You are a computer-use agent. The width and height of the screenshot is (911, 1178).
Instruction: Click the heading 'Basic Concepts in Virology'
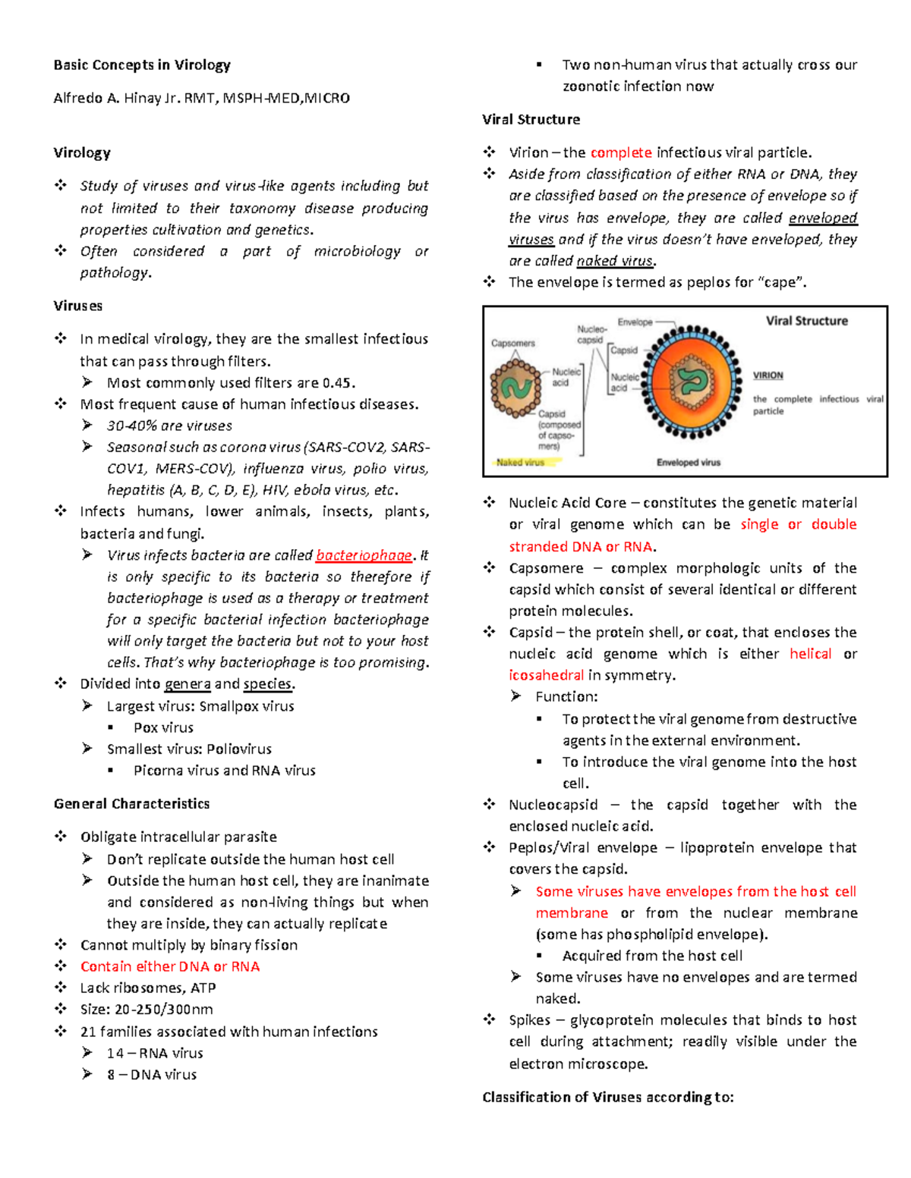tap(142, 65)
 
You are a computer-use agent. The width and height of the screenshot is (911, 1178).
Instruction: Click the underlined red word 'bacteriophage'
tap(364, 555)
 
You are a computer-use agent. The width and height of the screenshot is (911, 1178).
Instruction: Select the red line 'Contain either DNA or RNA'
tap(170, 966)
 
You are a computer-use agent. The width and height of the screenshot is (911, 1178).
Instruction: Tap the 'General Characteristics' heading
tap(131, 804)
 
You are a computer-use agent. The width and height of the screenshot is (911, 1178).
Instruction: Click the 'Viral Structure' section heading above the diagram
tap(531, 120)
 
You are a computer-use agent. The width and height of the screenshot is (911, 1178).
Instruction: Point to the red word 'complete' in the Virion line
tap(621, 152)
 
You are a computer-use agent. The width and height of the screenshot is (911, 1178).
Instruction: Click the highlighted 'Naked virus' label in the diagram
tap(520, 462)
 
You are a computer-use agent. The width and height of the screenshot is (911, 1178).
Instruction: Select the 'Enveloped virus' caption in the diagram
tap(688, 462)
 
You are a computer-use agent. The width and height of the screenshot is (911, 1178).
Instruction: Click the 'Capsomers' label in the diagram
tap(512, 344)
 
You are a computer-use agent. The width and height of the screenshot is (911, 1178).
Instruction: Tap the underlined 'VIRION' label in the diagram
tap(768, 375)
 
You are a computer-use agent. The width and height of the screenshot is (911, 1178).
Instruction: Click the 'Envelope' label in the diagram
tap(635, 322)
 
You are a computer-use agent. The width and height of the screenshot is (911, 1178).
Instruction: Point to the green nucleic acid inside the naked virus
tap(515, 388)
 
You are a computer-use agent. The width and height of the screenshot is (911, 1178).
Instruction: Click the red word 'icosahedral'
tap(546, 675)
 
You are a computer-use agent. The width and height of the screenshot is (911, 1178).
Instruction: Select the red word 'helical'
tap(810, 654)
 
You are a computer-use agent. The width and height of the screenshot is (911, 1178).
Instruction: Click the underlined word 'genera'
tap(188, 684)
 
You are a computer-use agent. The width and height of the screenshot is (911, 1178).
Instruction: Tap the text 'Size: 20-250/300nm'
tap(147, 1010)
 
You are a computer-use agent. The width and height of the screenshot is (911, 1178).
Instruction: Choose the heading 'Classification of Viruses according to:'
tap(607, 1097)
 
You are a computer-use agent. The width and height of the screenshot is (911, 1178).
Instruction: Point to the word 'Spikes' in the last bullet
tap(529, 1020)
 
